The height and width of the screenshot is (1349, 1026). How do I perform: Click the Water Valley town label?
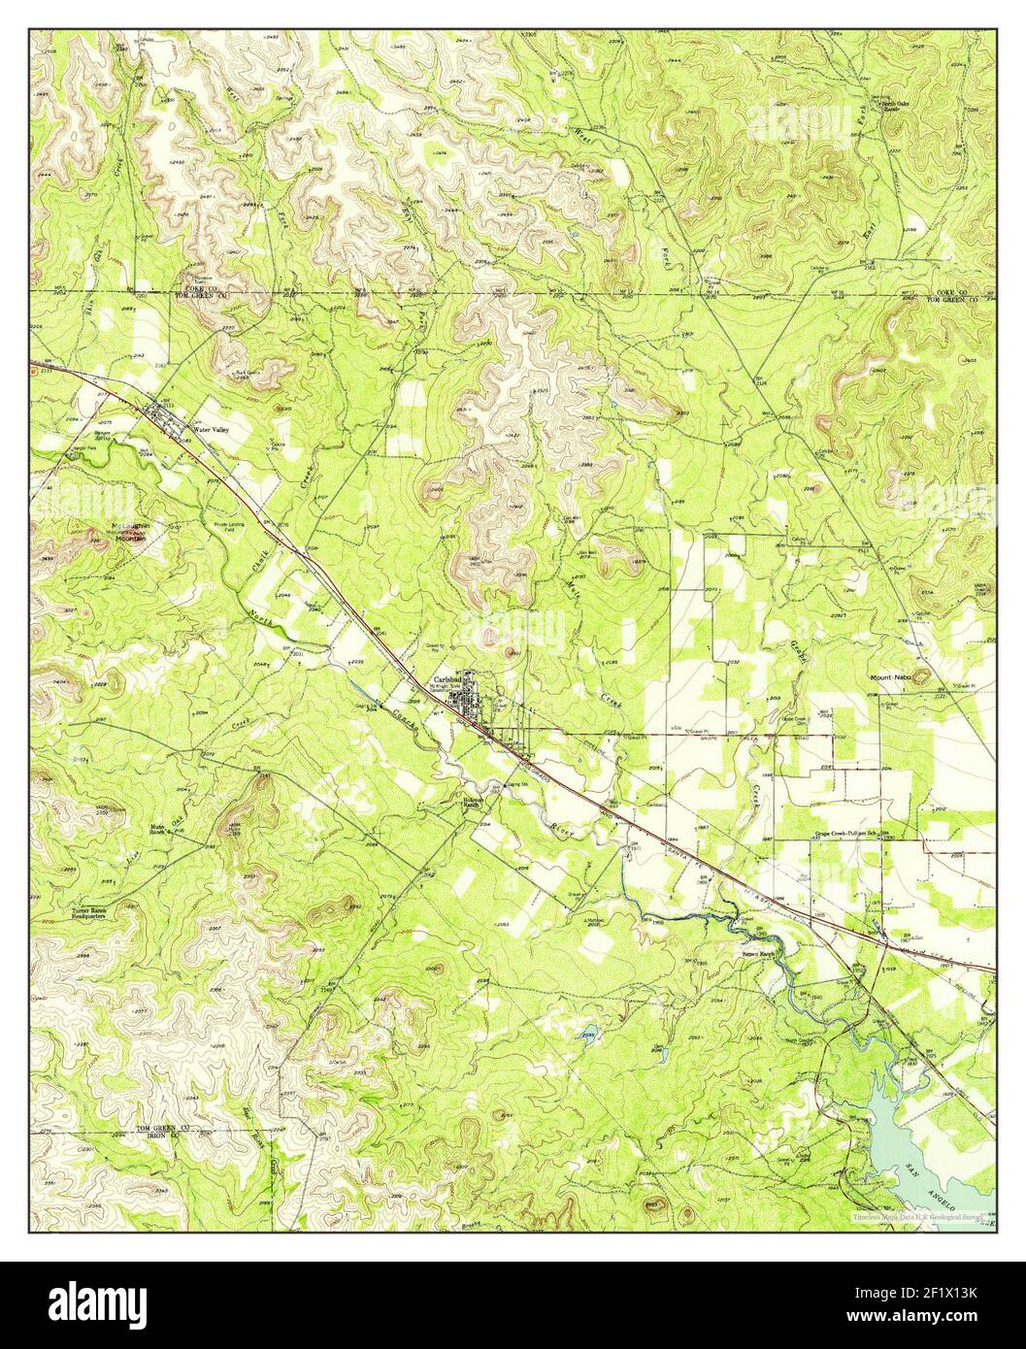(207, 429)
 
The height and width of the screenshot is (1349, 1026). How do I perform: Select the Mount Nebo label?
(890, 678)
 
